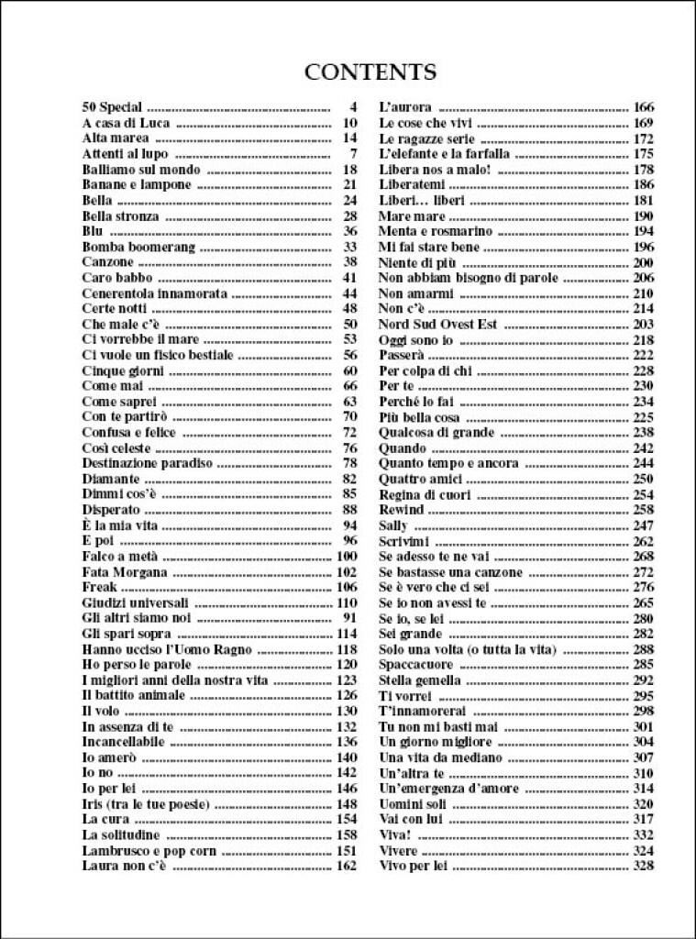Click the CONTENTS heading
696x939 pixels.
point(370,72)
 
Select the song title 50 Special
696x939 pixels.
point(112,107)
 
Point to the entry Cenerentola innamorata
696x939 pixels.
point(154,293)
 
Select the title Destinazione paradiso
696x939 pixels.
point(147,463)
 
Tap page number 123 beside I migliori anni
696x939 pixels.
point(346,680)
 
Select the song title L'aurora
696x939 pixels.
point(405,107)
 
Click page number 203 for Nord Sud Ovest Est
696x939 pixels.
point(643,324)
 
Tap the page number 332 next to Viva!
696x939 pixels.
point(643,835)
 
